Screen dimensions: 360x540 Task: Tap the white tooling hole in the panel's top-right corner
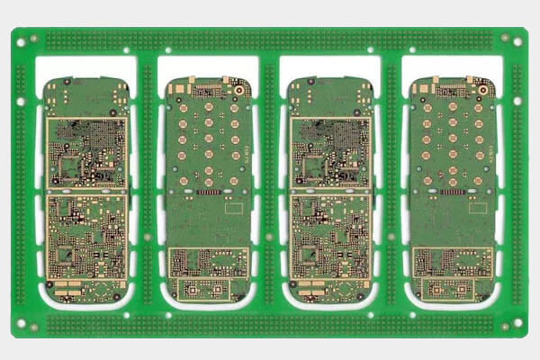pyautogui.click(x=517, y=39)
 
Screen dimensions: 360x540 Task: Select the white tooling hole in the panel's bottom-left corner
pyautogui.click(x=20, y=323)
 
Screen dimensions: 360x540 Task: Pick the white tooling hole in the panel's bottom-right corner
pyautogui.click(x=517, y=323)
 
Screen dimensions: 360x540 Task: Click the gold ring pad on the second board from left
pyautogui.click(x=239, y=89)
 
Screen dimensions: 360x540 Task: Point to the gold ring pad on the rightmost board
pyautogui.click(x=486, y=89)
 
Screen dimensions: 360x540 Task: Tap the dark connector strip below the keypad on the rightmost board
pyautogui.click(x=454, y=193)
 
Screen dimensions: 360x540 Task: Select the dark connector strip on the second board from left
pyautogui.click(x=208, y=193)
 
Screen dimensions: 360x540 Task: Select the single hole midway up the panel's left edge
pyautogui.click(x=20, y=181)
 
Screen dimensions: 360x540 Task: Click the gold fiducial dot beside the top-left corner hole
pyautogui.click(x=34, y=40)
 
